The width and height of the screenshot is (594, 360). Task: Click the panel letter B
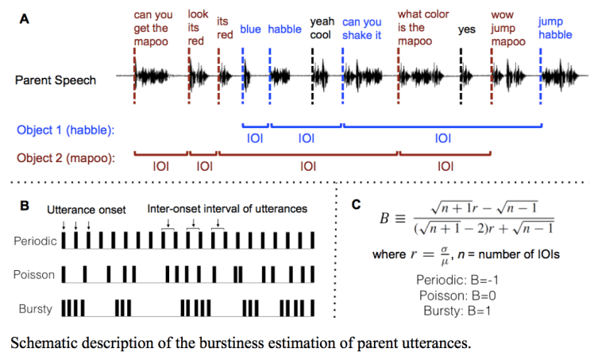point(25,205)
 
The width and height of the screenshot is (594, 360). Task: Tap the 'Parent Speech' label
point(56,79)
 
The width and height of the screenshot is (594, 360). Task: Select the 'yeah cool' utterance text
point(322,28)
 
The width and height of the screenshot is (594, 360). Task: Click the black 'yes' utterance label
point(467,29)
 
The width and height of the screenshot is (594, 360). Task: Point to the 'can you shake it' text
point(362,29)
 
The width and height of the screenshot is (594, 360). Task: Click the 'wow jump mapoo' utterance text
point(503,28)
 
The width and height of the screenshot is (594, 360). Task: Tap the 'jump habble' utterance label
point(555,28)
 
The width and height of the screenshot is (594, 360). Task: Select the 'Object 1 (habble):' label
point(65,129)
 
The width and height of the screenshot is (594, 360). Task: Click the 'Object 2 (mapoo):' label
point(65,157)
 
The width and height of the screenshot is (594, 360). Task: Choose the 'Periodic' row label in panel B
point(35,238)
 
